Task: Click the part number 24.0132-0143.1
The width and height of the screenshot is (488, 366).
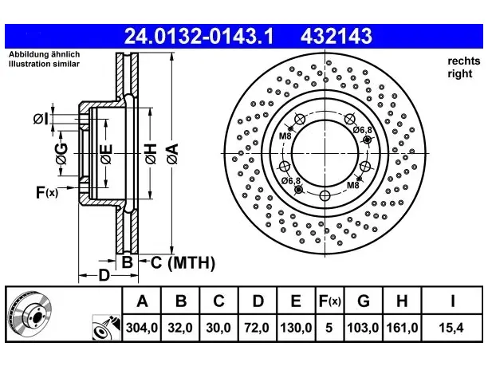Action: coord(199,36)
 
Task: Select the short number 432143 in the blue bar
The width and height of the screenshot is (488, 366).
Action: coord(336,36)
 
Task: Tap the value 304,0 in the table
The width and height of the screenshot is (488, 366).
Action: coord(142,328)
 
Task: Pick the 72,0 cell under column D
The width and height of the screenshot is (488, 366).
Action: coord(257,328)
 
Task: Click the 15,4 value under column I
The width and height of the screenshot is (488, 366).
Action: coord(451,328)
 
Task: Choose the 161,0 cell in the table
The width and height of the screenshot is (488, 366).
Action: coord(402,328)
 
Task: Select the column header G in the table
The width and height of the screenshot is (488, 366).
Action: coord(364,301)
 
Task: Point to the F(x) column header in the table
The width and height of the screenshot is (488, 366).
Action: coord(330,301)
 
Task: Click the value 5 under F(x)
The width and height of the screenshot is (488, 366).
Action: coord(329,328)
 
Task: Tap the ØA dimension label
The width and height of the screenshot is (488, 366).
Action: coord(172,153)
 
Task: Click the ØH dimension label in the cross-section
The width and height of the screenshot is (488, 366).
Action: coord(151,153)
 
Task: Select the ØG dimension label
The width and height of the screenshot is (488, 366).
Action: coord(61,153)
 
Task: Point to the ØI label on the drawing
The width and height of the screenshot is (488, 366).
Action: coord(41,119)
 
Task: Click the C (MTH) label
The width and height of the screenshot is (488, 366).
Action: coord(183,262)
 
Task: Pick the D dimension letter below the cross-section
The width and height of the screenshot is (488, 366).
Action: coord(104,275)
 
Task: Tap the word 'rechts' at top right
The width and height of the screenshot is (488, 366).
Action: coord(464,61)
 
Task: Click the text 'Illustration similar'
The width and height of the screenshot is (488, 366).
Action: coord(44,64)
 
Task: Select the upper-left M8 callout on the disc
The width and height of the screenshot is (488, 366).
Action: coord(285,136)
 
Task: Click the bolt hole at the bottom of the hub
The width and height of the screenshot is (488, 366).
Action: coord(325,196)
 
